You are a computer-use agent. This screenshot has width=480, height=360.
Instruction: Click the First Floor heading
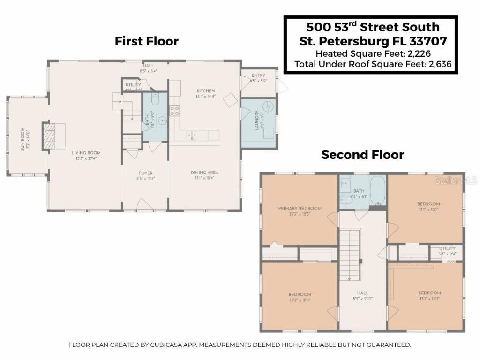pos(146,41)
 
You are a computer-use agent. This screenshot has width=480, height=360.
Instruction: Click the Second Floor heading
pos(362,155)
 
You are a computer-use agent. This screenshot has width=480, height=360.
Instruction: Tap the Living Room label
pos(86,153)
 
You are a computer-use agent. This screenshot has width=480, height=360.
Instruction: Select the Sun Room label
pos(22,139)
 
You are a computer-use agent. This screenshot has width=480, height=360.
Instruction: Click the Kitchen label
pos(206,91)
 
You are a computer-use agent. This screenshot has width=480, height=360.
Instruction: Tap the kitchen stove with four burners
pos(174,111)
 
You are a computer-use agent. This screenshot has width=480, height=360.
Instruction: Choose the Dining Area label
pos(204,172)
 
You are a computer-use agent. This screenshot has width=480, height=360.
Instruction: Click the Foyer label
pos(146,173)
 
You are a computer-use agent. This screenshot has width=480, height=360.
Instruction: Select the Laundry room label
pos(257,120)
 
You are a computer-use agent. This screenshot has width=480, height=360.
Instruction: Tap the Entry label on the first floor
pos(258,75)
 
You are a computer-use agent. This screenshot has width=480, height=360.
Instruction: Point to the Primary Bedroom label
pos(300,208)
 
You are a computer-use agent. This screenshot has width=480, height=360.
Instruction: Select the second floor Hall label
pos(363,293)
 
